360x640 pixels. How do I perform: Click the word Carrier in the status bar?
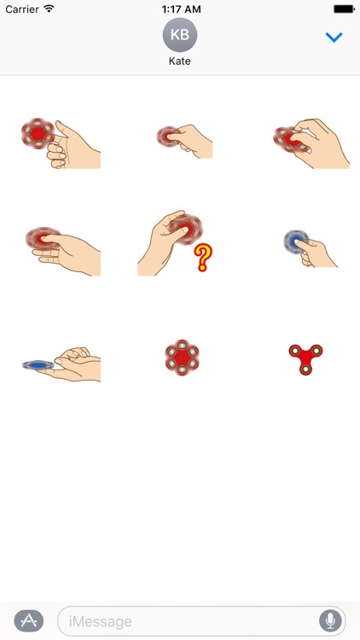tap(22, 9)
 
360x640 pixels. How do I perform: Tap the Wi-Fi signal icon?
tap(49, 9)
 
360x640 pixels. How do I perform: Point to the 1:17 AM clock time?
tap(179, 9)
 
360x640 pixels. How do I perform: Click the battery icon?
tap(344, 9)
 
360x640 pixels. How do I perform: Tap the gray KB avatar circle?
tap(180, 35)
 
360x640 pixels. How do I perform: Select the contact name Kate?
tap(180, 62)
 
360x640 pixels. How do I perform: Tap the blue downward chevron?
tap(334, 38)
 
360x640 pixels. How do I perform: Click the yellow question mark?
tap(202, 257)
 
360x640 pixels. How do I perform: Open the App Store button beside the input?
tap(29, 620)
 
